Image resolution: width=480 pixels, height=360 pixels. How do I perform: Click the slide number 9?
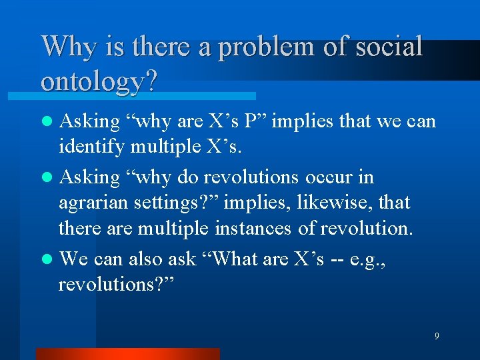click(437, 336)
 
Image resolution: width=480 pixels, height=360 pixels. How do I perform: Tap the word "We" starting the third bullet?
click(75, 258)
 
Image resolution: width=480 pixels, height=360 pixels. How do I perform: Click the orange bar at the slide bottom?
click(127, 354)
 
